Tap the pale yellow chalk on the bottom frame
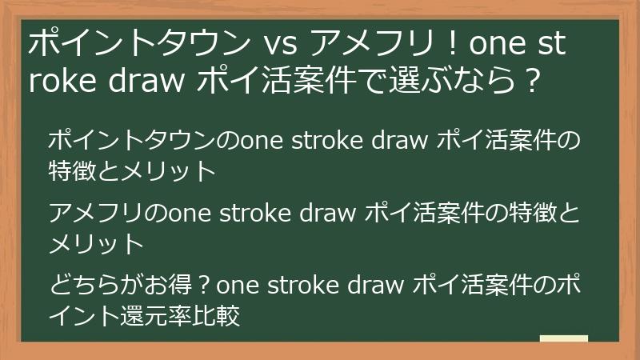coord(563,339)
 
